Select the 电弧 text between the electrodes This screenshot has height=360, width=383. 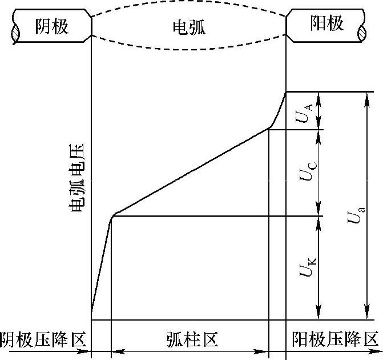coord(188,27)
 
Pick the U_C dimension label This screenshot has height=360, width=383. coord(304,171)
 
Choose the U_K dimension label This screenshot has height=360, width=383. coord(304,267)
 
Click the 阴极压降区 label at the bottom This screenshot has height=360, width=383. coord(43,340)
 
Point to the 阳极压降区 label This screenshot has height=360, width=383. coord(334,340)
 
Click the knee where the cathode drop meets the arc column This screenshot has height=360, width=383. coord(113,215)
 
